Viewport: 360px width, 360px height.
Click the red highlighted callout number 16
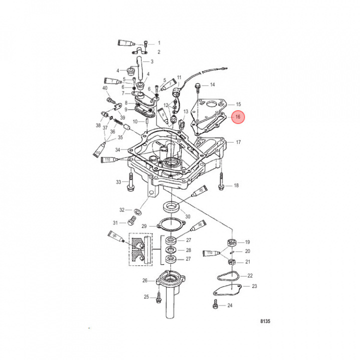238,116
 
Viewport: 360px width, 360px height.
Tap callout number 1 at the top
159,43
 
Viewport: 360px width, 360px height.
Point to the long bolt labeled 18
221,186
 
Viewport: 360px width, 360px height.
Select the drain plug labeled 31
133,222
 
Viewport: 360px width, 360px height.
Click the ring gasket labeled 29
170,224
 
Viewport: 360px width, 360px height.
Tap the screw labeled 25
158,297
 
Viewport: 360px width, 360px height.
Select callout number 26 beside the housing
145,280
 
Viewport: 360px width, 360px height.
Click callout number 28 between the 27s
188,250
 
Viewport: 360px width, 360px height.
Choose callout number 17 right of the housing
238,142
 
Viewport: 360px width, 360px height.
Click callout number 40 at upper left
105,88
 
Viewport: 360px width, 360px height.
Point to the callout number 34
117,149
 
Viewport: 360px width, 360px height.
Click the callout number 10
135,121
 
